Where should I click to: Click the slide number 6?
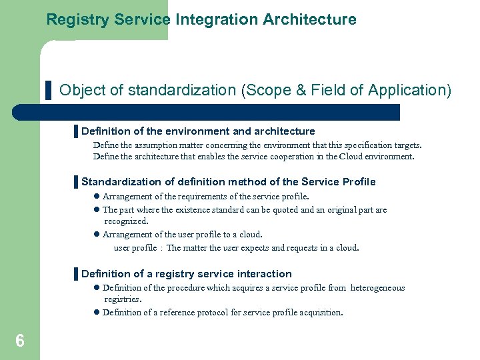pos(20,341)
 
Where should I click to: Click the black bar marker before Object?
pos(48,90)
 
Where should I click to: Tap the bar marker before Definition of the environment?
pos(76,131)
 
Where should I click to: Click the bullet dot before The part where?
pos(96,210)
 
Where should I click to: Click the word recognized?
pos(126,221)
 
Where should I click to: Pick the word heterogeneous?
pos(378,288)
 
